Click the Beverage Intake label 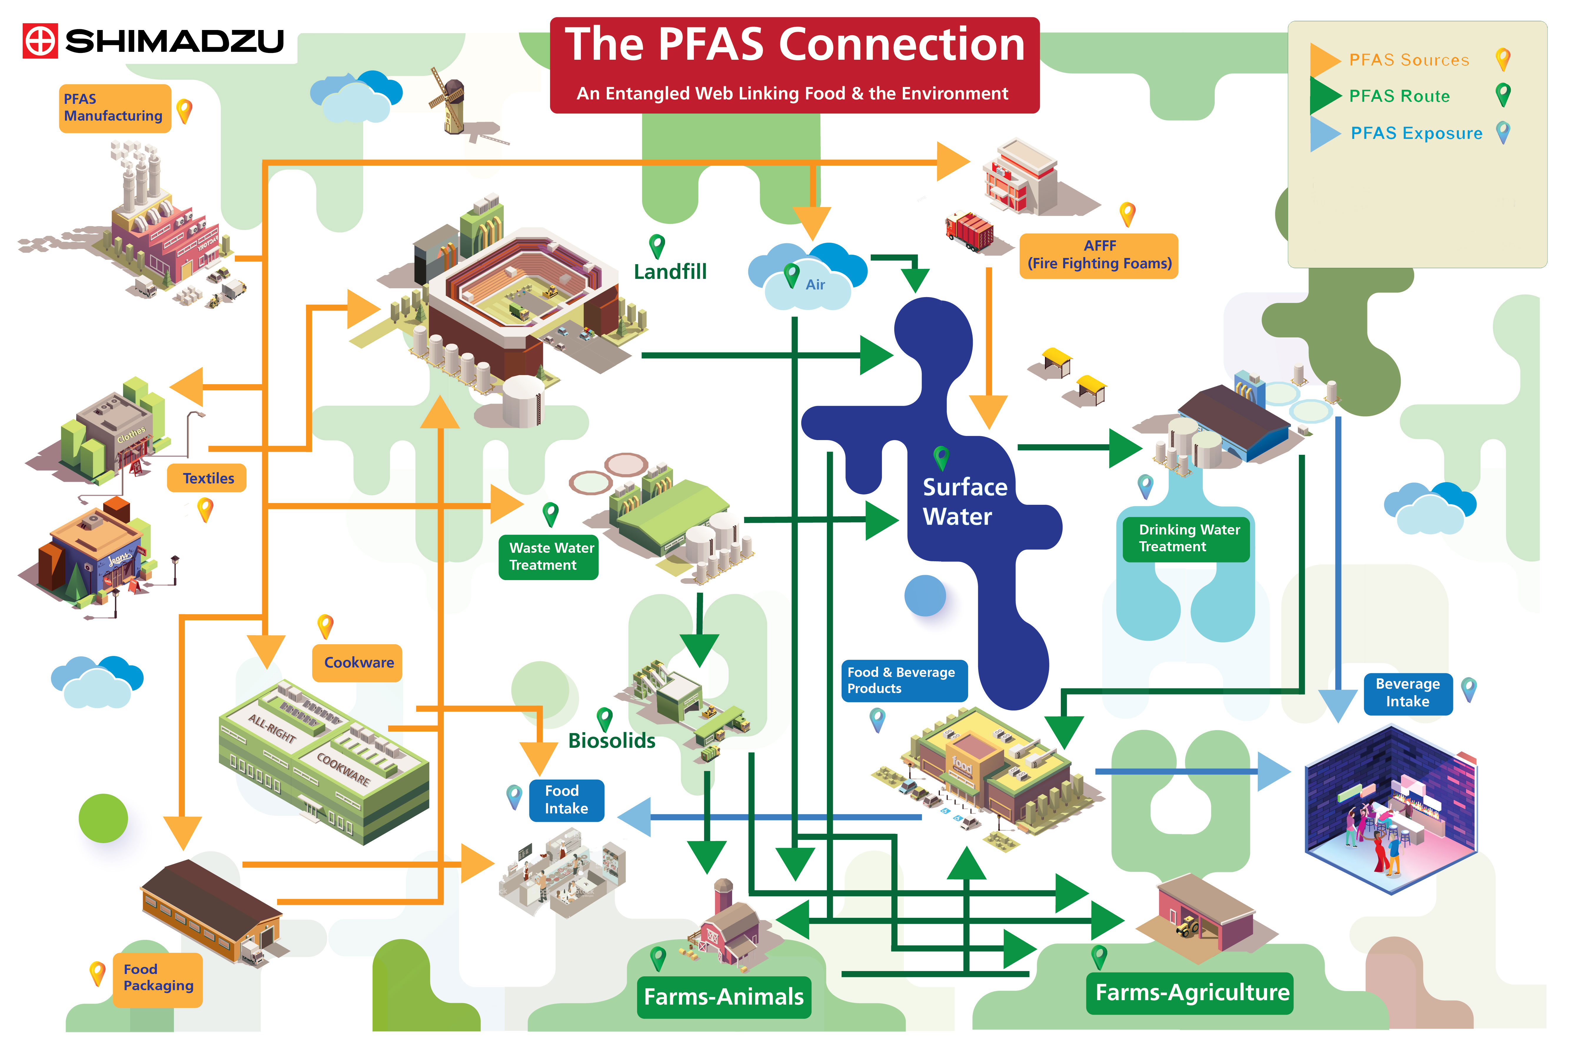pos(1407,693)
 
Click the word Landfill pos(669,272)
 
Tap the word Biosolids pos(611,741)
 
